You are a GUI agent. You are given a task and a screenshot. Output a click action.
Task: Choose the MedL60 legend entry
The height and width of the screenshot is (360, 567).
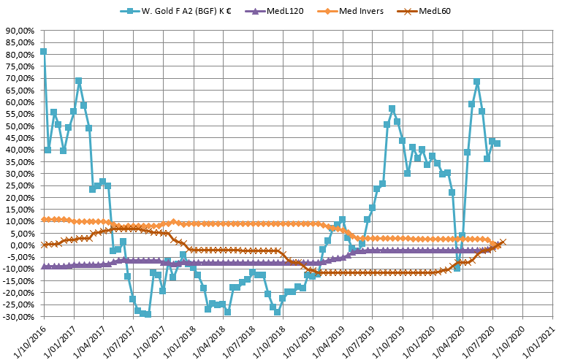(425, 12)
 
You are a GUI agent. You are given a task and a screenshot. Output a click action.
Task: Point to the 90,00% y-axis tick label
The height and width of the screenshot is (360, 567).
(20, 31)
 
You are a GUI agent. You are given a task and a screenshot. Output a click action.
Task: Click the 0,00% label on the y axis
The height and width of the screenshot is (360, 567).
(22, 245)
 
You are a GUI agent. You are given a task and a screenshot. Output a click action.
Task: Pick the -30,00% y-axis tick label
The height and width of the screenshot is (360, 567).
(18, 317)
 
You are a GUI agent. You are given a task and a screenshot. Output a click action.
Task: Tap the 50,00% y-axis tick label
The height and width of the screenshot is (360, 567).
(20, 126)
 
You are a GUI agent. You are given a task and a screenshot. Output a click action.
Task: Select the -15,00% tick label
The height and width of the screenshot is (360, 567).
(18, 281)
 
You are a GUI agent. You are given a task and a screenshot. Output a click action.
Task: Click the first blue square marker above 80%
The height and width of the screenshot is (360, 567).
(43, 52)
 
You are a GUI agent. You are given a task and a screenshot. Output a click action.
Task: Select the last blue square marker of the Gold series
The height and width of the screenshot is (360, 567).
(497, 143)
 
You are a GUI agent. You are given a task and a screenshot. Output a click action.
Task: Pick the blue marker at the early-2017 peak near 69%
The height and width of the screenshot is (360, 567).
(78, 81)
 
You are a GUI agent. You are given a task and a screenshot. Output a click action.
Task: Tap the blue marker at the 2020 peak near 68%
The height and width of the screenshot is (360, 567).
(476, 83)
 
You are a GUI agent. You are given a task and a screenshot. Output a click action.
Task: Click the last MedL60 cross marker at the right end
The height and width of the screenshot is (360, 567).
(502, 242)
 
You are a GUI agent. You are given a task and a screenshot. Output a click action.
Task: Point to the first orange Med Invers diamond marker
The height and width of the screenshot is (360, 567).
(43, 219)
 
